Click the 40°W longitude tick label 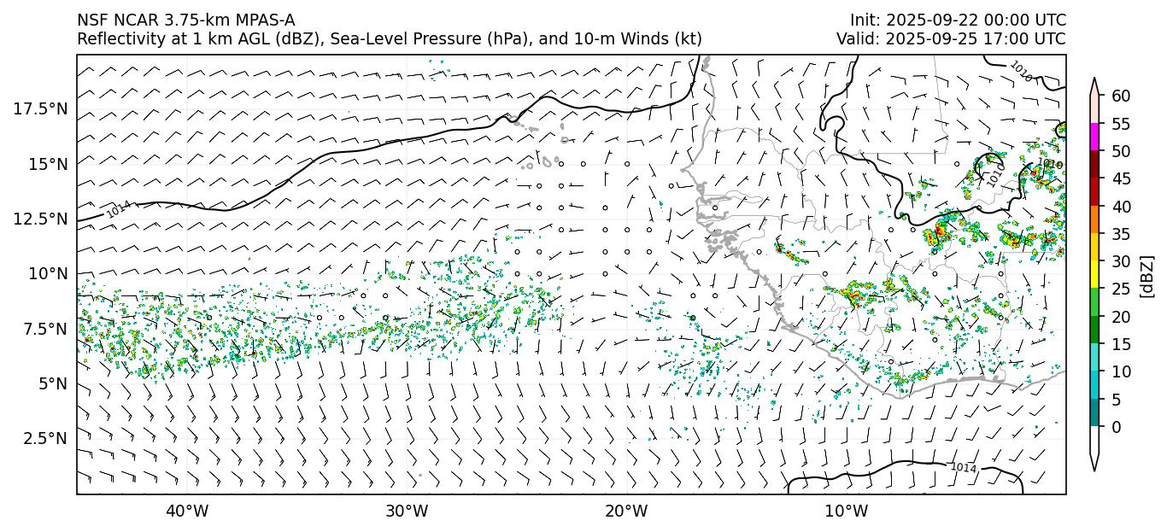point(186,512)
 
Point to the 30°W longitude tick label point(407,512)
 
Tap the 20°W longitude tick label point(626,512)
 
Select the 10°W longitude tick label point(847,512)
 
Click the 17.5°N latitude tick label point(41,108)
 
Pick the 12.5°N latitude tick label point(41,219)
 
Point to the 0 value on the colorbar point(1116,427)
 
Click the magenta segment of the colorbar point(1094,137)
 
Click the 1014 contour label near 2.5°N point(964,467)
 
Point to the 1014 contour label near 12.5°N point(119,209)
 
